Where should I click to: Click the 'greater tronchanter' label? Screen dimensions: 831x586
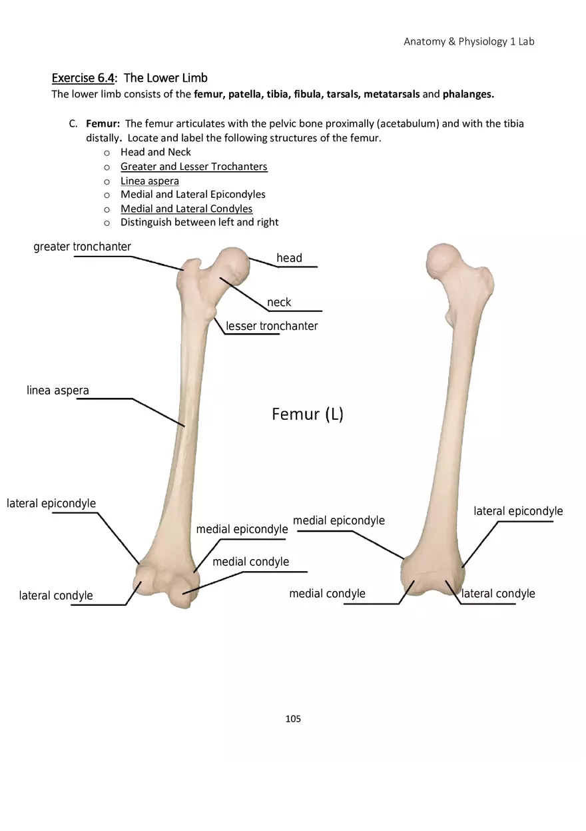pyautogui.click(x=82, y=247)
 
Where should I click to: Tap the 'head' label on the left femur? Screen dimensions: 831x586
pyautogui.click(x=289, y=258)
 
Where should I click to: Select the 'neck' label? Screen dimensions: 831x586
pyautogui.click(x=279, y=302)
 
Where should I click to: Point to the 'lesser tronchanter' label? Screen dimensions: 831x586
pyautogui.click(x=272, y=326)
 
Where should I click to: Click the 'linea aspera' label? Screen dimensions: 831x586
pyautogui.click(x=58, y=391)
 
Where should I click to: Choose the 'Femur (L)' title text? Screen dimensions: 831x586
pyautogui.click(x=308, y=415)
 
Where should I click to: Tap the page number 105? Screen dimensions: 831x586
pyautogui.click(x=293, y=718)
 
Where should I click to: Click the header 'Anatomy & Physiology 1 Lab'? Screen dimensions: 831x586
pyautogui.click(x=469, y=41)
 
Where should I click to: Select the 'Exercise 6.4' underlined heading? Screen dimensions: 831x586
pyautogui.click(x=83, y=78)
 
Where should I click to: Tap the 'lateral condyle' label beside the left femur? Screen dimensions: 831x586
pyautogui.click(x=56, y=595)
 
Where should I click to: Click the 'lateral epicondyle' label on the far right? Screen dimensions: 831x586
pyautogui.click(x=518, y=511)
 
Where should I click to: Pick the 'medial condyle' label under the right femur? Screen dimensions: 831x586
pyautogui.click(x=327, y=593)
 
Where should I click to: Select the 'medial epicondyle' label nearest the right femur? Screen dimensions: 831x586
pyautogui.click(x=339, y=520)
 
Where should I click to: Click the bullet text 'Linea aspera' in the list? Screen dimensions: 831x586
pyautogui.click(x=149, y=181)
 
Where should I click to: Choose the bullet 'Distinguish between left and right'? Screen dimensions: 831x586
pyautogui.click(x=199, y=222)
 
